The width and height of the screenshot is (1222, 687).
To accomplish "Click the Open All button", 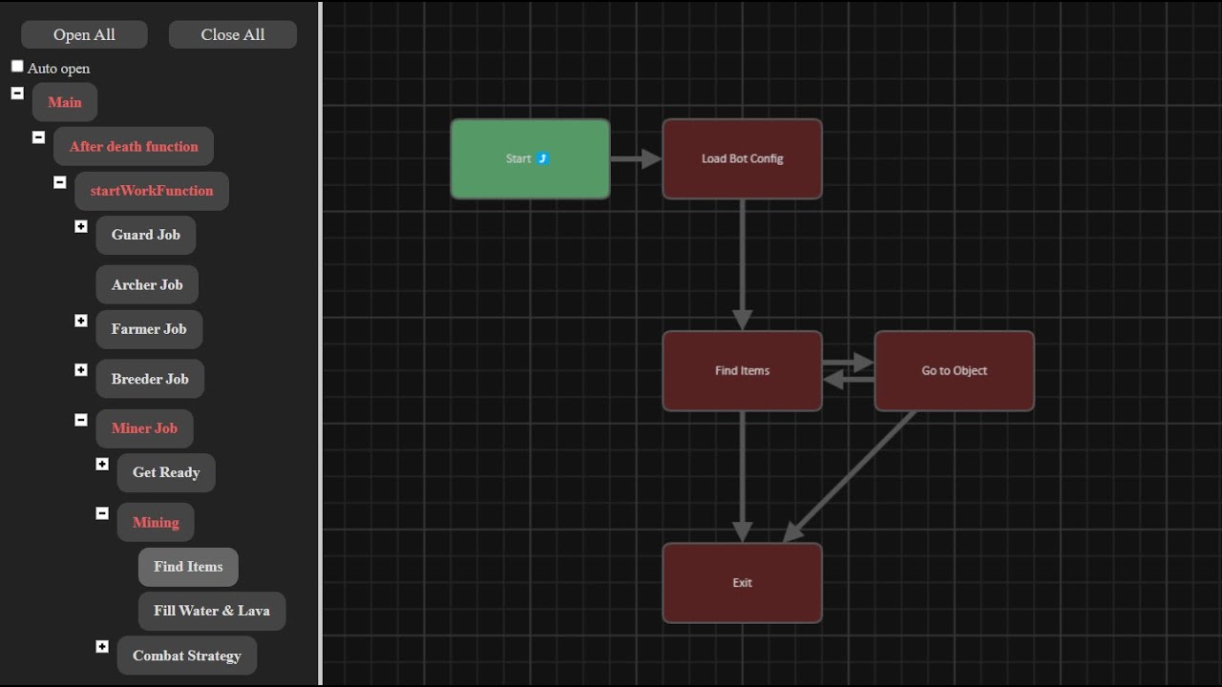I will [x=84, y=34].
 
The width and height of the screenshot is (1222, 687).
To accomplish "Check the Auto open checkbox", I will [x=17, y=67].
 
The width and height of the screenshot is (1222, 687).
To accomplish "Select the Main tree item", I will [x=65, y=102].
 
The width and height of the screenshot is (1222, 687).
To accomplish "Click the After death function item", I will [x=134, y=146].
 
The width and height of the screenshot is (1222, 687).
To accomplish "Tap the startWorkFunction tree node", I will [x=152, y=191].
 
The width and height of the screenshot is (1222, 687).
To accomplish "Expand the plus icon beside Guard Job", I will [x=81, y=226].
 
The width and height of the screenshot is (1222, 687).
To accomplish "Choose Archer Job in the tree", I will [x=147, y=284].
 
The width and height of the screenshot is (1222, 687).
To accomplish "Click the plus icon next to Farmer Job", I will [x=81, y=321].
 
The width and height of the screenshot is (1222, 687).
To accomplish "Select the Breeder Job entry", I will [x=150, y=379].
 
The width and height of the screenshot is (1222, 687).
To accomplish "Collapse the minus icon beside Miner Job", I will [x=81, y=420].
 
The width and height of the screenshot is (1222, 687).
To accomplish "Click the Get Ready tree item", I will [x=166, y=472].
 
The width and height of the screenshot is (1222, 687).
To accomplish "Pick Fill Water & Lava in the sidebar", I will [x=212, y=611].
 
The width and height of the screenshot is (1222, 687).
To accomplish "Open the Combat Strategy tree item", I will [x=186, y=656].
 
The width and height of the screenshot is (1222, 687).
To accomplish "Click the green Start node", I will [x=530, y=158].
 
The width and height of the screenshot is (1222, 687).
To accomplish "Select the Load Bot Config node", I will [x=742, y=158].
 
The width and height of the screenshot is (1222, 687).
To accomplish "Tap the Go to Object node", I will [x=954, y=370].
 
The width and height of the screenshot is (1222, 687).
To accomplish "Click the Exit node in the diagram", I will [x=742, y=582].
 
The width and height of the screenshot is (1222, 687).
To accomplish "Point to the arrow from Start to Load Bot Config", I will [x=635, y=158].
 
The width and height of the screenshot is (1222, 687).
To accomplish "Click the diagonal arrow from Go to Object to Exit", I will [x=850, y=475].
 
